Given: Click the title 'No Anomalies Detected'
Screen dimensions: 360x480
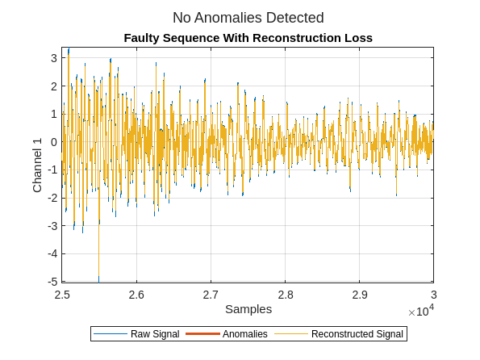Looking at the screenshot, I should (x=248, y=18).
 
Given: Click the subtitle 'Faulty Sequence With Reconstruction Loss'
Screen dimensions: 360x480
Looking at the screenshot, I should (x=248, y=38).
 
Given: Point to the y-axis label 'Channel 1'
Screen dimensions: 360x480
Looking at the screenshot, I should (x=37, y=165).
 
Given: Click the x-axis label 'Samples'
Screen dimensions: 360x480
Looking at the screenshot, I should (x=248, y=309).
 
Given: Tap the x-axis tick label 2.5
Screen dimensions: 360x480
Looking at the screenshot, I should (x=62, y=295).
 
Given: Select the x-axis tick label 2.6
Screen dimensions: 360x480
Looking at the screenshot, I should (x=136, y=295).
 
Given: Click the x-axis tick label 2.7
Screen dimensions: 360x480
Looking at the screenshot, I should (x=211, y=295).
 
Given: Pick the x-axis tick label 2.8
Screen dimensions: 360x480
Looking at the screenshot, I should (x=285, y=295).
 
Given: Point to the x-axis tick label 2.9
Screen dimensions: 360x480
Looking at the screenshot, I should (x=359, y=295).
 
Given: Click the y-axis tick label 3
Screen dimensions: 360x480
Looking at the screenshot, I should (x=53, y=58).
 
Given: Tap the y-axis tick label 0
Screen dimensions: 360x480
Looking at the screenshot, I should (x=53, y=142).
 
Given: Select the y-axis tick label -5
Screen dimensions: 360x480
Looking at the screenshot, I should (x=51, y=282).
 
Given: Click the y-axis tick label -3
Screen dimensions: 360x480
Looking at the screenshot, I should (x=51, y=226).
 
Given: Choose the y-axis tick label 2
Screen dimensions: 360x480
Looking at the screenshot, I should (x=53, y=86).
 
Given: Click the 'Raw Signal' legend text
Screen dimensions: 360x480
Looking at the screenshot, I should (x=155, y=334).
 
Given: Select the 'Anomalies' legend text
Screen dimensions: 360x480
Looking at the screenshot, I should (x=244, y=334).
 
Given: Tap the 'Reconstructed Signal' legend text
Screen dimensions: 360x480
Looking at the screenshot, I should (x=357, y=334).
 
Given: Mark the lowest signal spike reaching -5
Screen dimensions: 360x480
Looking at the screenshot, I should (x=99, y=278).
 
